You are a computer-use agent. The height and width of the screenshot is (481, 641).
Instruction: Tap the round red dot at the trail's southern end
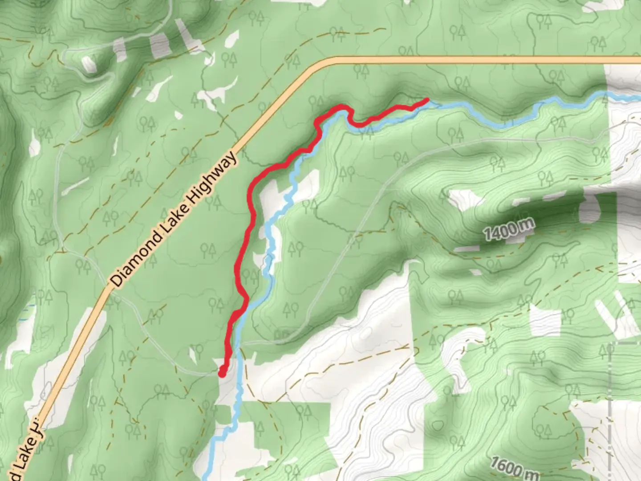point(222,374)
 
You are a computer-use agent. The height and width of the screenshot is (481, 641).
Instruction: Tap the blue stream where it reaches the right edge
point(637,97)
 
